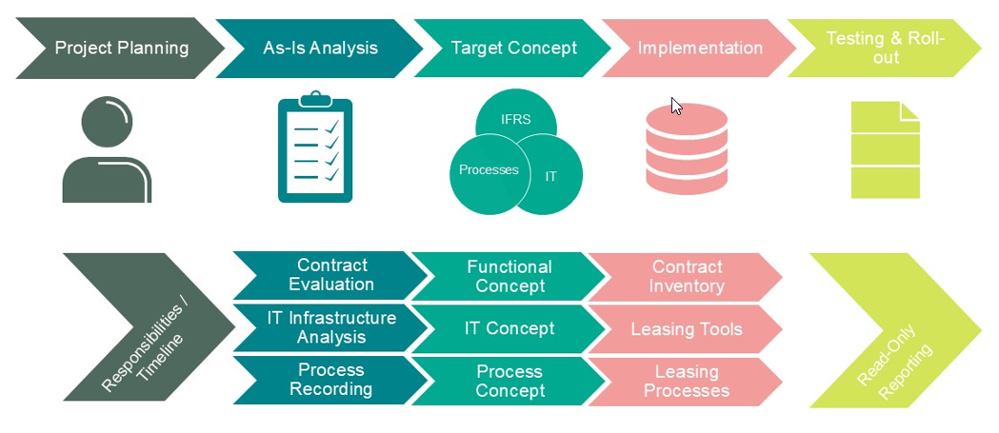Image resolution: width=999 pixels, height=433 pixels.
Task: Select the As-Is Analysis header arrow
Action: (320, 48)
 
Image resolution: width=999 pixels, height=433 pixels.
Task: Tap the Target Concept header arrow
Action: (514, 48)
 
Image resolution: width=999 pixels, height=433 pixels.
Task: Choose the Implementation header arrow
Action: (700, 48)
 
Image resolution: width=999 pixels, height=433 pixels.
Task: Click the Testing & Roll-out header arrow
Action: (885, 48)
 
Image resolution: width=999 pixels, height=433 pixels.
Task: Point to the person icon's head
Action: (108, 125)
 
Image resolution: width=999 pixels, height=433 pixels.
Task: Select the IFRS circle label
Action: (516, 120)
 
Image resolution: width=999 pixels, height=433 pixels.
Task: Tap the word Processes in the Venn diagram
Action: (489, 170)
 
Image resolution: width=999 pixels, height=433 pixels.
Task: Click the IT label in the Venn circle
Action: (550, 176)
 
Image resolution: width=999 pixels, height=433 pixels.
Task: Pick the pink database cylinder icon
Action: (686, 148)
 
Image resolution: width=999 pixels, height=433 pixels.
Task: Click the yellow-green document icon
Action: (885, 149)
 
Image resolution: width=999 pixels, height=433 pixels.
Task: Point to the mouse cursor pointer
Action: (675, 105)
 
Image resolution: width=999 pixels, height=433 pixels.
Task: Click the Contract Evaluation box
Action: (331, 275)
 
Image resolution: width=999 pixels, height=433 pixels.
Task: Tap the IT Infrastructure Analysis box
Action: (331, 327)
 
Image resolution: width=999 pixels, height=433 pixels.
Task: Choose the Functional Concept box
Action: (509, 276)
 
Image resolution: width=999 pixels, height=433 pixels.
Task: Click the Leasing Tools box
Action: (686, 329)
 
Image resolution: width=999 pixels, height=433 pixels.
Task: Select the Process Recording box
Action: (331, 380)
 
